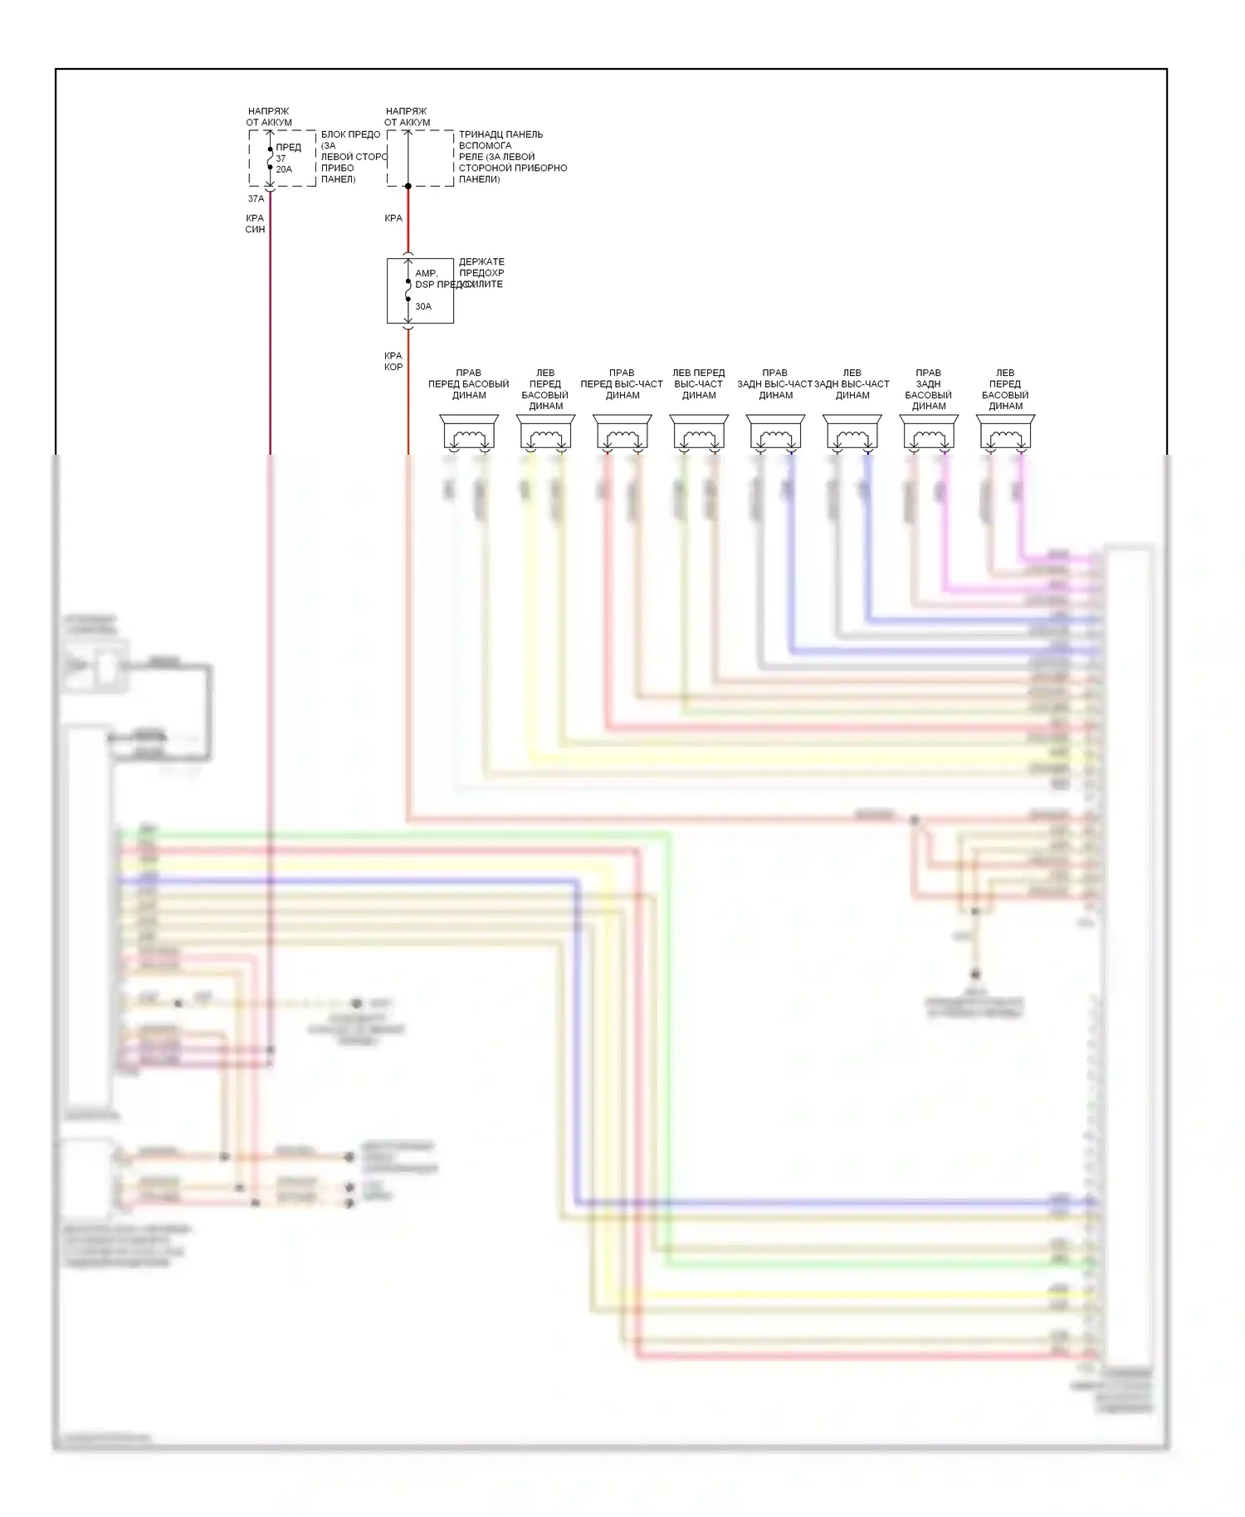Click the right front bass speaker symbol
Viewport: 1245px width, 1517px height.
click(x=469, y=433)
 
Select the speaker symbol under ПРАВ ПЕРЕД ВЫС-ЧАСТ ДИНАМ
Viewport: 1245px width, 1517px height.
click(x=622, y=433)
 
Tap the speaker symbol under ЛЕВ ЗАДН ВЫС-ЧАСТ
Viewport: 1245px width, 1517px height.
click(x=852, y=433)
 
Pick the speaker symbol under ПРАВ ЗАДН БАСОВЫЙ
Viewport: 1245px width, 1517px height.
click(x=929, y=433)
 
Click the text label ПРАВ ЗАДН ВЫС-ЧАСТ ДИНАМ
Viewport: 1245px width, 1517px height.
click(x=775, y=384)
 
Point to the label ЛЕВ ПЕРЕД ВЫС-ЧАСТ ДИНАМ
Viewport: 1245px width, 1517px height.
click(x=699, y=384)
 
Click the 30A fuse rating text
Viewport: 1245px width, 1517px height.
click(x=423, y=306)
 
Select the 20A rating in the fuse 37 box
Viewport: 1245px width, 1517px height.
click(x=284, y=169)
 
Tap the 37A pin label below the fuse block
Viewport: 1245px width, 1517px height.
click(x=256, y=199)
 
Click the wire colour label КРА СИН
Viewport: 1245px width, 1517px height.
click(x=255, y=224)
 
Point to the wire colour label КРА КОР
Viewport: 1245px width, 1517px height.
click(x=393, y=361)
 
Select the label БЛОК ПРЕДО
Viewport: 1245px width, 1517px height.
click(x=351, y=134)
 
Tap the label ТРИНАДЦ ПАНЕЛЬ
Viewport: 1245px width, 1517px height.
click(x=500, y=134)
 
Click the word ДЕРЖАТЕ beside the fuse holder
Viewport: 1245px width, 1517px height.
click(x=481, y=261)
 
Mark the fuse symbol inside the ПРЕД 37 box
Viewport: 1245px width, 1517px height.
click(x=270, y=159)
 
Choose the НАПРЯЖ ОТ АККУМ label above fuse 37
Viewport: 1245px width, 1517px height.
click(x=269, y=116)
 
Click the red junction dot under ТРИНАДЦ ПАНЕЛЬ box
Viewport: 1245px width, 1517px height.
click(x=408, y=186)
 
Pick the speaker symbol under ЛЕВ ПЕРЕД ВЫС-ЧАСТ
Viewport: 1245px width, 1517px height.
click(x=699, y=433)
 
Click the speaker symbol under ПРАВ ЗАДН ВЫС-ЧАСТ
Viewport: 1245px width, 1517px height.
click(x=775, y=433)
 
